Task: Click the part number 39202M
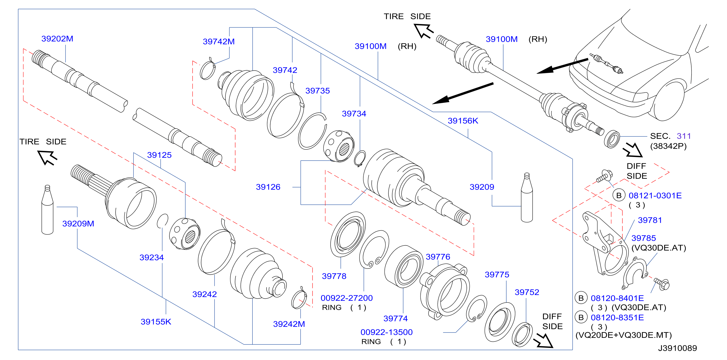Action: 57,39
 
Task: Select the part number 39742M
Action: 219,42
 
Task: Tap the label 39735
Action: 318,91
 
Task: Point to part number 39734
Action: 354,114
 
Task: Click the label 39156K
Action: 463,121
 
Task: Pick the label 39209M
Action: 78,224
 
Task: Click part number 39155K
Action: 156,322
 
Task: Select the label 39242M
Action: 289,324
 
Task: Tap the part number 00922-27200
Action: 347,298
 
